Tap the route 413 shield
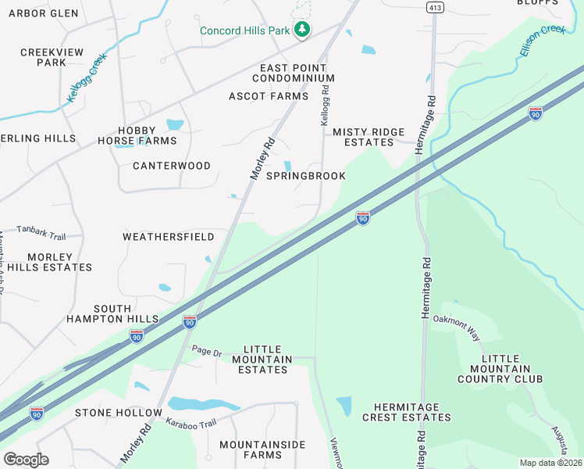point(434,6)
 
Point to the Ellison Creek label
point(542,40)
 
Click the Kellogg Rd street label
point(326,107)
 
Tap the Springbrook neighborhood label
point(305,176)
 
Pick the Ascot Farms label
point(269,96)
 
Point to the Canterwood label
point(172,166)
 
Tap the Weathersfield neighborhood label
point(168,236)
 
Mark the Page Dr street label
point(207,352)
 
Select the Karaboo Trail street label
point(191,423)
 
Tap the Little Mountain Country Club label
point(500,368)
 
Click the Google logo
point(26,459)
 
